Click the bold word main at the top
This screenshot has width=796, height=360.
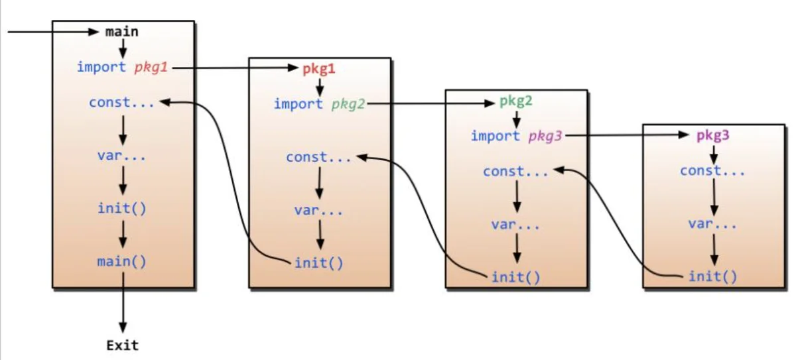pyautogui.click(x=122, y=32)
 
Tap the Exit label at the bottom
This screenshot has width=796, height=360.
pyautogui.click(x=123, y=345)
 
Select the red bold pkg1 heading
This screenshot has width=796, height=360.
pyautogui.click(x=319, y=69)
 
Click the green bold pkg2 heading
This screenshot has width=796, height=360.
pyautogui.click(x=516, y=101)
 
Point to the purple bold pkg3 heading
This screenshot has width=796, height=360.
pyautogui.click(x=713, y=135)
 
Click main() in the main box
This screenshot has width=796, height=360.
pyautogui.click(x=122, y=262)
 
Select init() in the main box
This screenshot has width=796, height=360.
pyautogui.click(x=122, y=208)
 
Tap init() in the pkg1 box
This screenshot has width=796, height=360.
pyautogui.click(x=319, y=263)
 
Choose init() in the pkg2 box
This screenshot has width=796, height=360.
pyautogui.click(x=516, y=277)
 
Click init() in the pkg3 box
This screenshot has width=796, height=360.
pyautogui.click(x=713, y=276)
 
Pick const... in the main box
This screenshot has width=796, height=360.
pyautogui.click(x=121, y=103)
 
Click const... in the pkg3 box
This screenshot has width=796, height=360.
pyautogui.click(x=712, y=171)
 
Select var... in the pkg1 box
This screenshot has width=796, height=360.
pyautogui.click(x=319, y=211)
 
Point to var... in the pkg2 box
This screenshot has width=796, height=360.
pyautogui.click(x=515, y=225)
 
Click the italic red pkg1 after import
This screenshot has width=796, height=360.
pyautogui.click(x=151, y=68)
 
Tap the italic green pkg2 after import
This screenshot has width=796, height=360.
pyautogui.click(x=348, y=104)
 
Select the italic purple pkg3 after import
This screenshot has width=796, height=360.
pyautogui.click(x=545, y=137)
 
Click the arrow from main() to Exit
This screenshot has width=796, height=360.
pyautogui.click(x=123, y=302)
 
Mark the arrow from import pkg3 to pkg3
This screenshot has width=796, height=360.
pyautogui.click(x=628, y=135)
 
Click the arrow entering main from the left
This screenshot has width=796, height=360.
pyautogui.click(x=53, y=32)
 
